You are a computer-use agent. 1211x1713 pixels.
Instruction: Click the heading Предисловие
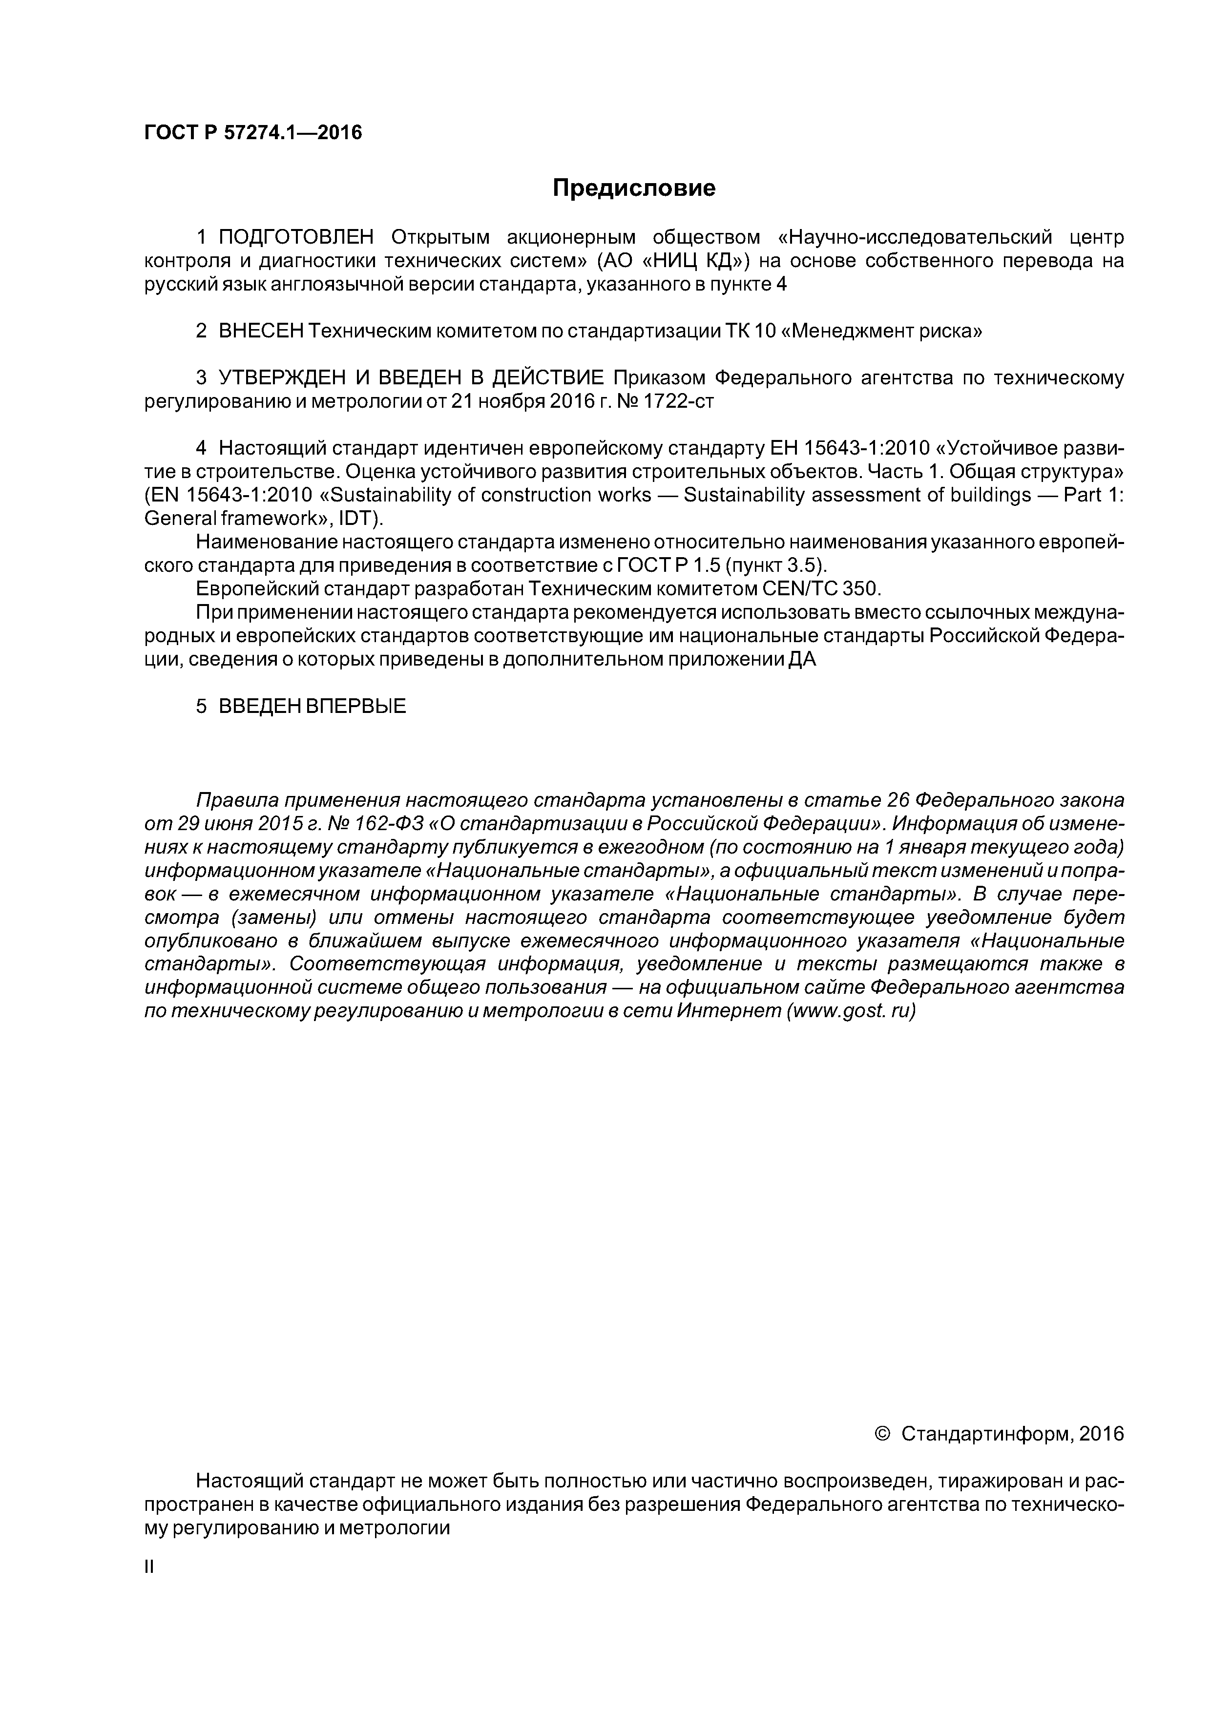click(633, 188)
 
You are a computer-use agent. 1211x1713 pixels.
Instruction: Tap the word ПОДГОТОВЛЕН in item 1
click(295, 237)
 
